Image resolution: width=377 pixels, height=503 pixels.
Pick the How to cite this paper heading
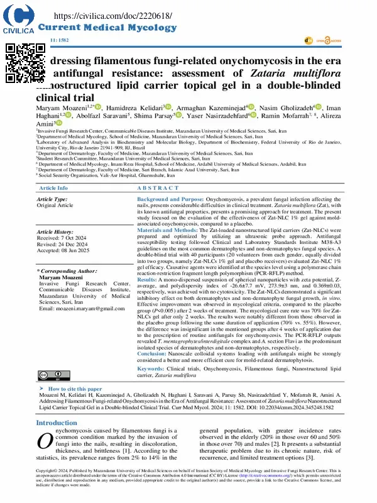point(75,390)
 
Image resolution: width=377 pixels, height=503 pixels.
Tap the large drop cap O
point(45,440)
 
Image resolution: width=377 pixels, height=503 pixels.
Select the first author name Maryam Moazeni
point(60,108)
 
